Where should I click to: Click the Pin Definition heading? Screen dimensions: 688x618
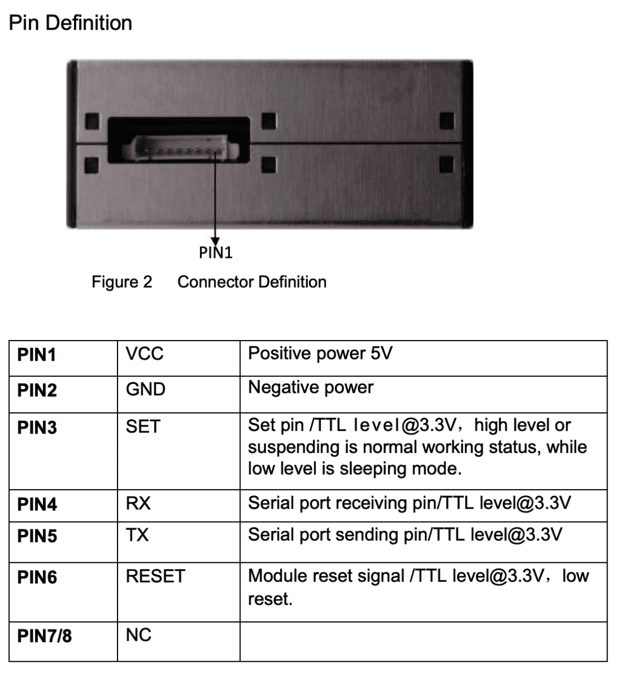point(71,23)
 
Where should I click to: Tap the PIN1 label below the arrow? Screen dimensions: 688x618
point(216,253)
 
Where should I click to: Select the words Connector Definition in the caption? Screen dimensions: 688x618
point(252,282)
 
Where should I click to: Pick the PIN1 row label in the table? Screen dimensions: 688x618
point(37,355)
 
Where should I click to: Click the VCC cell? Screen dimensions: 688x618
point(144,354)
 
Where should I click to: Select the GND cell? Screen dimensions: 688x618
point(146,389)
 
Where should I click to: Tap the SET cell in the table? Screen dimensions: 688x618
point(143,427)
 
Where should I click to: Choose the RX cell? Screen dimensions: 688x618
point(138,503)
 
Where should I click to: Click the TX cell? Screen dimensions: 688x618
point(138,535)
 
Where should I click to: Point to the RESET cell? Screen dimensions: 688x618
point(155,576)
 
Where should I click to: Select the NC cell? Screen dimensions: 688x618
point(139,635)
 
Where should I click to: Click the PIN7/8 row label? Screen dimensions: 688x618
point(45,636)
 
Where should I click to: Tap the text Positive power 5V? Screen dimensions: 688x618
point(320,353)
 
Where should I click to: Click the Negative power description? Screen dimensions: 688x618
point(310,388)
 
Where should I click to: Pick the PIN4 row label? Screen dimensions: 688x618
point(37,505)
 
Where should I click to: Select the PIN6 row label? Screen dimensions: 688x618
point(37,577)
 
